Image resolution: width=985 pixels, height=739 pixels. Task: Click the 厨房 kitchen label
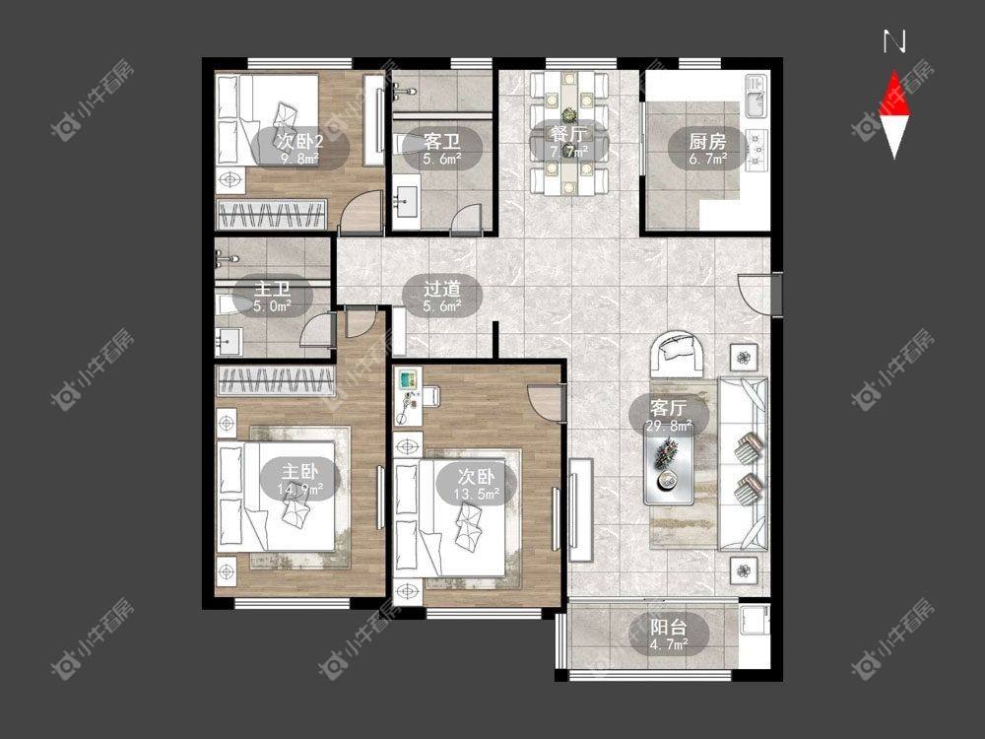pyautogui.click(x=707, y=141)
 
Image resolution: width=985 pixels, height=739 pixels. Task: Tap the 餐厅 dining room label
pyautogui.click(x=568, y=134)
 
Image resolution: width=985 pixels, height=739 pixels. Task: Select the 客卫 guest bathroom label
pyautogui.click(x=441, y=141)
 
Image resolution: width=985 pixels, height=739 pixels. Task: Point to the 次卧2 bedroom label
pyautogui.click(x=299, y=141)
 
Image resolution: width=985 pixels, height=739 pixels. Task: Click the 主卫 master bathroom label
pyautogui.click(x=272, y=289)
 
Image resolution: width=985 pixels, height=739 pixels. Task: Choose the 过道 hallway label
pyautogui.click(x=441, y=289)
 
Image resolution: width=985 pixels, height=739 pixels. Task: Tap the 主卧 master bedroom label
pyautogui.click(x=299, y=471)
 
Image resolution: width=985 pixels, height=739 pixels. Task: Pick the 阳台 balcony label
pyautogui.click(x=669, y=627)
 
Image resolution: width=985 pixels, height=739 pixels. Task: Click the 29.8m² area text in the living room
pyautogui.click(x=669, y=426)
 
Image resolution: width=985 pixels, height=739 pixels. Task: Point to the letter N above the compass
pyautogui.click(x=894, y=41)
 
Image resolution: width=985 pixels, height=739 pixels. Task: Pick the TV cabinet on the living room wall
pyautogui.click(x=580, y=509)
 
